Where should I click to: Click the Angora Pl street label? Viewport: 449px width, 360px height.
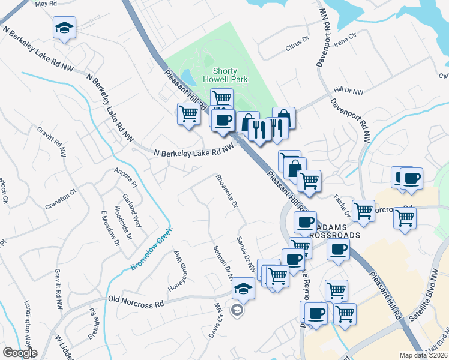pos(127,178)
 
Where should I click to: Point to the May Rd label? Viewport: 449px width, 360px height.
pos(45,4)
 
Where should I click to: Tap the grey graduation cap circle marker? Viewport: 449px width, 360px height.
pos(237,310)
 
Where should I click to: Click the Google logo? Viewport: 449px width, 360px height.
pos(20,353)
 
